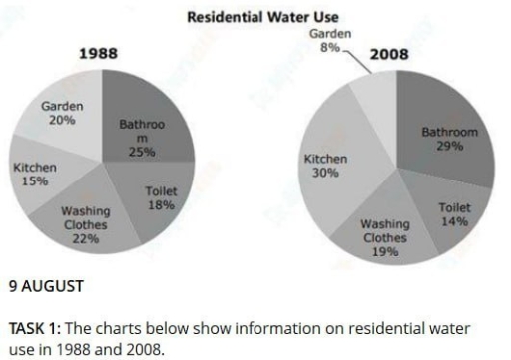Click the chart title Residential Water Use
coord(255,17)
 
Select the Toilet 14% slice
coord(449,209)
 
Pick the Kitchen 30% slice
coord(329,165)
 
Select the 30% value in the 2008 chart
coord(324,173)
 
